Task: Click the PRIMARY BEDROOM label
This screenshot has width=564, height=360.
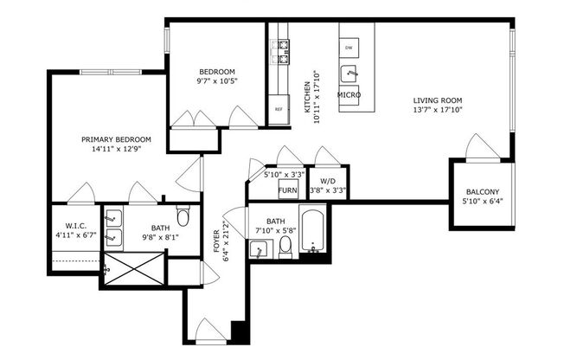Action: click(116, 139)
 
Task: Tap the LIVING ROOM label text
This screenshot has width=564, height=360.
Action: click(438, 100)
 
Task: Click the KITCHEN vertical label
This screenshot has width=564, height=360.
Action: click(306, 97)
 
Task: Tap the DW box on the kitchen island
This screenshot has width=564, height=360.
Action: click(349, 47)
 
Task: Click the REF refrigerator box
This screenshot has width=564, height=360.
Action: click(279, 109)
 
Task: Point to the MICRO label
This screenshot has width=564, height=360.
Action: click(349, 94)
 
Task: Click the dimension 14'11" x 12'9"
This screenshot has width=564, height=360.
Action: click(116, 149)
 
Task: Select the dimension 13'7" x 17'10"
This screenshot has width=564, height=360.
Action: click(438, 111)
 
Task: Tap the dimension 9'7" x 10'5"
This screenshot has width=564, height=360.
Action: click(218, 80)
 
